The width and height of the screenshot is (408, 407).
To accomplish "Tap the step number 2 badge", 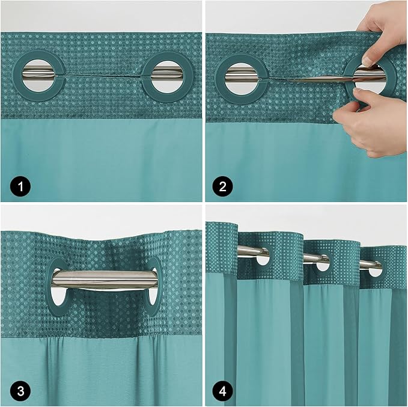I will (x=224, y=187).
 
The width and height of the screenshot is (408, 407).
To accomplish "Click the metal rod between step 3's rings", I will (x=105, y=278).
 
